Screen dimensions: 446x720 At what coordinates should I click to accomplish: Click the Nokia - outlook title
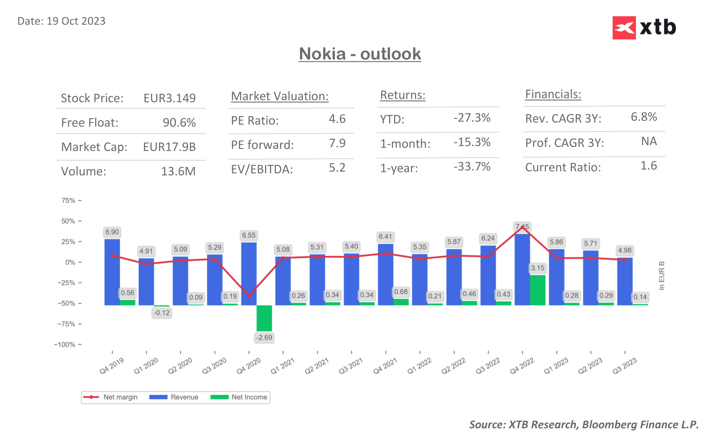[x=360, y=54]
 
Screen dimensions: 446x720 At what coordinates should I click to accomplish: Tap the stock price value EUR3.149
[x=169, y=98]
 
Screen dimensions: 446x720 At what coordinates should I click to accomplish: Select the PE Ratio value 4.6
[x=337, y=119]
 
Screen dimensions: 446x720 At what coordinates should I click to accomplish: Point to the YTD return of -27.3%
[x=472, y=118]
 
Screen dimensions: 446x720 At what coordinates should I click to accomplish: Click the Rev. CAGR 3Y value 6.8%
[x=643, y=117]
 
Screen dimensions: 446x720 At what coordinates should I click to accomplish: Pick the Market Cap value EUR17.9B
[x=169, y=147]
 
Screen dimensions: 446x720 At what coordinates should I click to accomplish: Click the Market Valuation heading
[x=279, y=96]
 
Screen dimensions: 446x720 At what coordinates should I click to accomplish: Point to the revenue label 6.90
[x=112, y=232]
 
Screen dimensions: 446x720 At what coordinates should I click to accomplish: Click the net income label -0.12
[x=162, y=313]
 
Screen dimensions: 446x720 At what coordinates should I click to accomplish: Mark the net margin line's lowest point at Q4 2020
[x=249, y=296]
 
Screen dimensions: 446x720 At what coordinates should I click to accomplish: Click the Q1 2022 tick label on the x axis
[x=419, y=366]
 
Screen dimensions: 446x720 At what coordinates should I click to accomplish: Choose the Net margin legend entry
[x=111, y=397]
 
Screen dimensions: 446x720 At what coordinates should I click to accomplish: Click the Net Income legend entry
[x=239, y=397]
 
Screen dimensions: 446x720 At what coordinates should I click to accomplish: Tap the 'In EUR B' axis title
[x=661, y=275]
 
